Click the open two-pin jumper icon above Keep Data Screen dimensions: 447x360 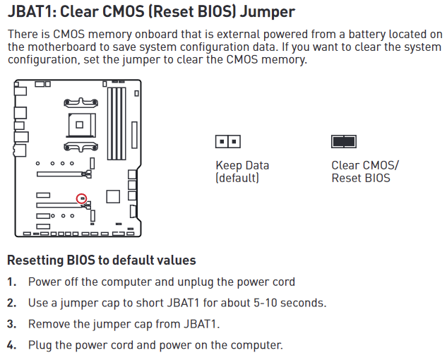coord(228,142)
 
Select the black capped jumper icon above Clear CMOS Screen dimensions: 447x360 coord(344,142)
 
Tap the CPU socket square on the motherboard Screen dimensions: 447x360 coord(81,125)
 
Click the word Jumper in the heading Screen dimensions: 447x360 coord(268,13)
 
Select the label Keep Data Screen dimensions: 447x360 coord(242,165)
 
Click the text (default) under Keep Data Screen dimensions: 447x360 coord(237,178)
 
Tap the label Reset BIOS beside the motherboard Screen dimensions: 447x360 coord(361,178)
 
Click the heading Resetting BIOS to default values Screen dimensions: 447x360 coord(102,260)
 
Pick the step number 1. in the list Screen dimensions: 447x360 coord(12,282)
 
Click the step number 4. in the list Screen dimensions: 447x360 coord(12,345)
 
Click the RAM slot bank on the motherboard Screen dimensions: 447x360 coord(117,124)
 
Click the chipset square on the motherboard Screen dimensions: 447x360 coord(113,196)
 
